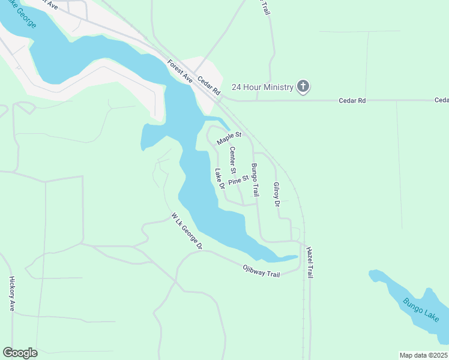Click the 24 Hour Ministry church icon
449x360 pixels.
click(304, 87)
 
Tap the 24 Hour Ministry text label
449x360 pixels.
click(263, 88)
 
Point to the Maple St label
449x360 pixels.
click(229, 139)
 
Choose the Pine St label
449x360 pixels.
click(238, 181)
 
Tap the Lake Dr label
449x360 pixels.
click(219, 178)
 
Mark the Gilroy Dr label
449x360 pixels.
click(277, 195)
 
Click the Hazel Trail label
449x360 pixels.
click(310, 262)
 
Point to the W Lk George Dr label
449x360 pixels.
click(187, 232)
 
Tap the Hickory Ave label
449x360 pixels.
click(12, 293)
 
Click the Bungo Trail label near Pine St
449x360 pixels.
click(255, 181)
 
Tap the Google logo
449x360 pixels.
click(20, 353)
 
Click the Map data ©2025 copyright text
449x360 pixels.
click(424, 355)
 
